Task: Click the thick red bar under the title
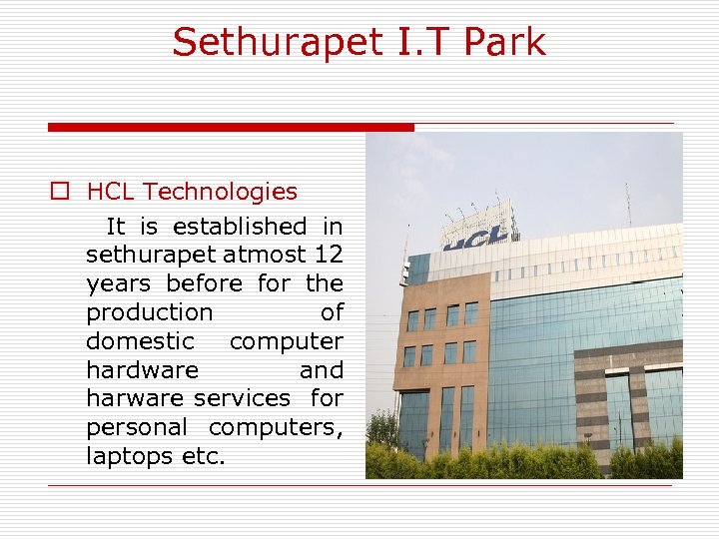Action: click(231, 128)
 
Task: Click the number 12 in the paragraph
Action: click(328, 256)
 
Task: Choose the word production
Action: click(150, 313)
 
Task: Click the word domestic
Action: click(141, 341)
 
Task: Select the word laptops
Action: click(125, 456)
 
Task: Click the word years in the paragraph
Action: click(119, 284)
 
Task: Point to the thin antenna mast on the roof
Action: click(628, 205)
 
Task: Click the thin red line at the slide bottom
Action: click(359, 486)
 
